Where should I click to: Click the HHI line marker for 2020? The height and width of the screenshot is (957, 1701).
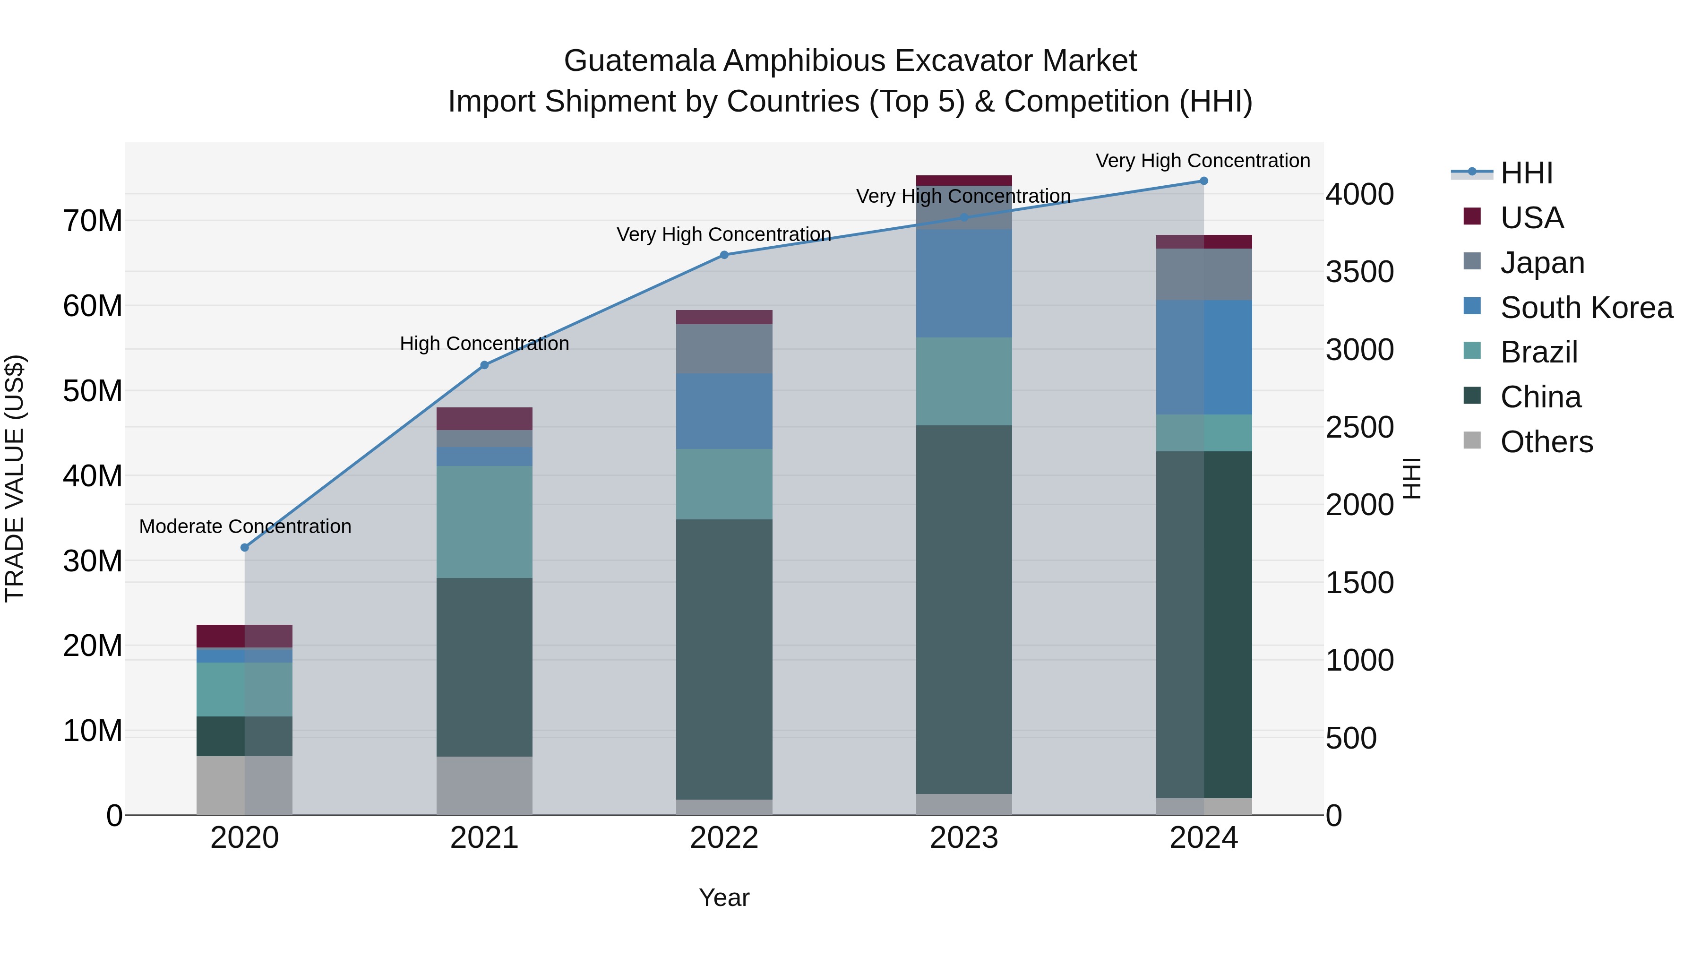(244, 548)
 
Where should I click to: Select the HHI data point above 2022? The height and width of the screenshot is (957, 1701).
(724, 255)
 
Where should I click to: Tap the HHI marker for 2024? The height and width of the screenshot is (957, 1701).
(1203, 181)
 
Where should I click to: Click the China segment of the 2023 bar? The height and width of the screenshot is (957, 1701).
(963, 609)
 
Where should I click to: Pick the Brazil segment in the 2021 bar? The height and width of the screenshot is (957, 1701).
(484, 522)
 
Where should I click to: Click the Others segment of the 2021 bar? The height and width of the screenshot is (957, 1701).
(484, 785)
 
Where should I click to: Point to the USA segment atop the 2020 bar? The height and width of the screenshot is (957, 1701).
(244, 636)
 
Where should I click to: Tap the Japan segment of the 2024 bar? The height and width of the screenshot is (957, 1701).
(1203, 274)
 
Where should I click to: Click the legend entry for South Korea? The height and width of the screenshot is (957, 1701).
(1586, 308)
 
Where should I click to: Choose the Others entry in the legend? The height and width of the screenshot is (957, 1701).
(1546, 442)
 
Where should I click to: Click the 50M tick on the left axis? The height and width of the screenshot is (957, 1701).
(93, 391)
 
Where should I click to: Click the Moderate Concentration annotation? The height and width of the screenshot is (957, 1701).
(245, 526)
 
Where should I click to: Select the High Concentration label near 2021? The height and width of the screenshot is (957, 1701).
(484, 344)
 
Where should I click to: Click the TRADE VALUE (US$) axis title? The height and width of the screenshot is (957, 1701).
(15, 478)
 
